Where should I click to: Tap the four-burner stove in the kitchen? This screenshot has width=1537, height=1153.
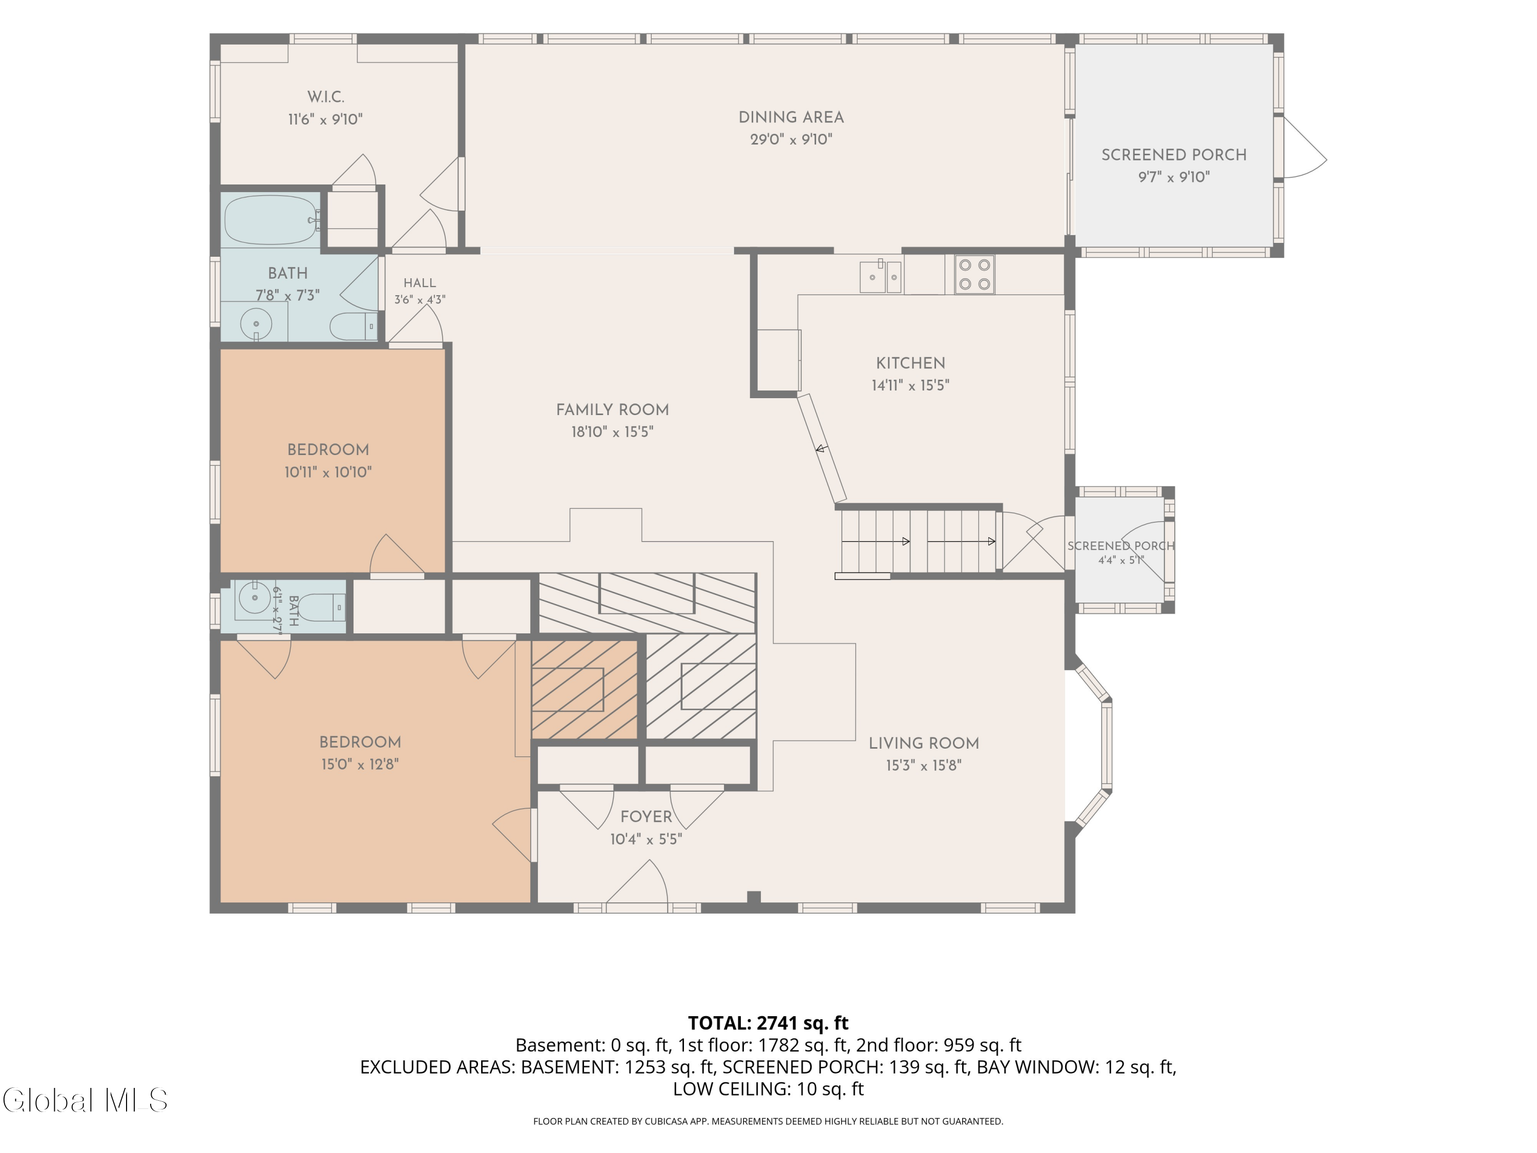click(x=974, y=275)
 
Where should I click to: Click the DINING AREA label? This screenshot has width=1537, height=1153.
click(x=791, y=117)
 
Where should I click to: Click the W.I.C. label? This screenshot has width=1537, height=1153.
click(x=326, y=97)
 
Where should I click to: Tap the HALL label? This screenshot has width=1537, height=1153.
click(x=420, y=283)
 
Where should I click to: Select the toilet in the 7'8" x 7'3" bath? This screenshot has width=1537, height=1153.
click(x=354, y=326)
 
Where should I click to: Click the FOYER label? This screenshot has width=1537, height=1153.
click(x=646, y=817)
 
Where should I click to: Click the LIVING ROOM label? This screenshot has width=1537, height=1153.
click(x=923, y=743)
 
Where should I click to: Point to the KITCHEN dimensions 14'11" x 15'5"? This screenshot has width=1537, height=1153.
click(x=910, y=385)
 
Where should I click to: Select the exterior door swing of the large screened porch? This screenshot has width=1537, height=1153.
click(x=1305, y=148)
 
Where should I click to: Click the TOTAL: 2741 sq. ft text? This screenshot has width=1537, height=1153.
click(x=768, y=1023)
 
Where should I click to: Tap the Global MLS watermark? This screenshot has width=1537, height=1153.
click(x=85, y=1100)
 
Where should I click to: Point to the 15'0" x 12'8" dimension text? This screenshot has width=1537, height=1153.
click(x=360, y=765)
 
